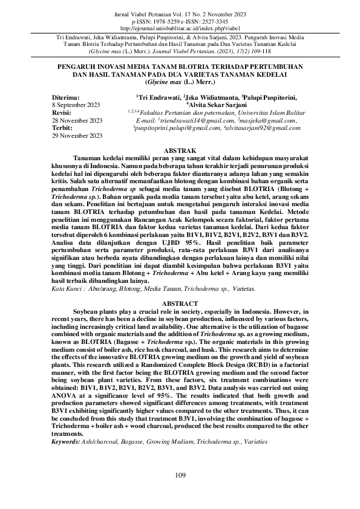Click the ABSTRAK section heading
tap(180, 149)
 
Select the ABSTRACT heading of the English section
tap(180, 303)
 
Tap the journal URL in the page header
tap(180, 28)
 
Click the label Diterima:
tap(66, 97)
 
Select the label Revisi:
tap(62, 113)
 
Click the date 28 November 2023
tap(77, 121)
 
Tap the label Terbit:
tap(62, 129)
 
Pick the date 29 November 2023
tap(77, 137)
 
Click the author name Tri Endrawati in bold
tap(158, 97)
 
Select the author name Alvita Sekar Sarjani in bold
tap(214, 105)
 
